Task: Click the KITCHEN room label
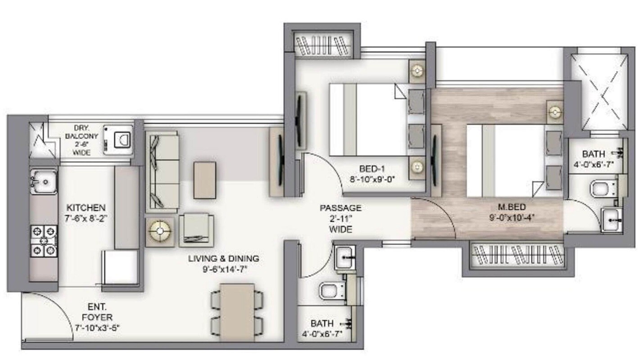coord(86,208)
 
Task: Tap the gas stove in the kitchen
coord(44,241)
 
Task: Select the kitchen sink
coord(44,182)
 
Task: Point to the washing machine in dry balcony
coord(118,140)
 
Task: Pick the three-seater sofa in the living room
coord(161,171)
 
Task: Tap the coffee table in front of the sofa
coord(204,180)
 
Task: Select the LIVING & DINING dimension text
coord(223,270)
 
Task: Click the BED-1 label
coord(372,169)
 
